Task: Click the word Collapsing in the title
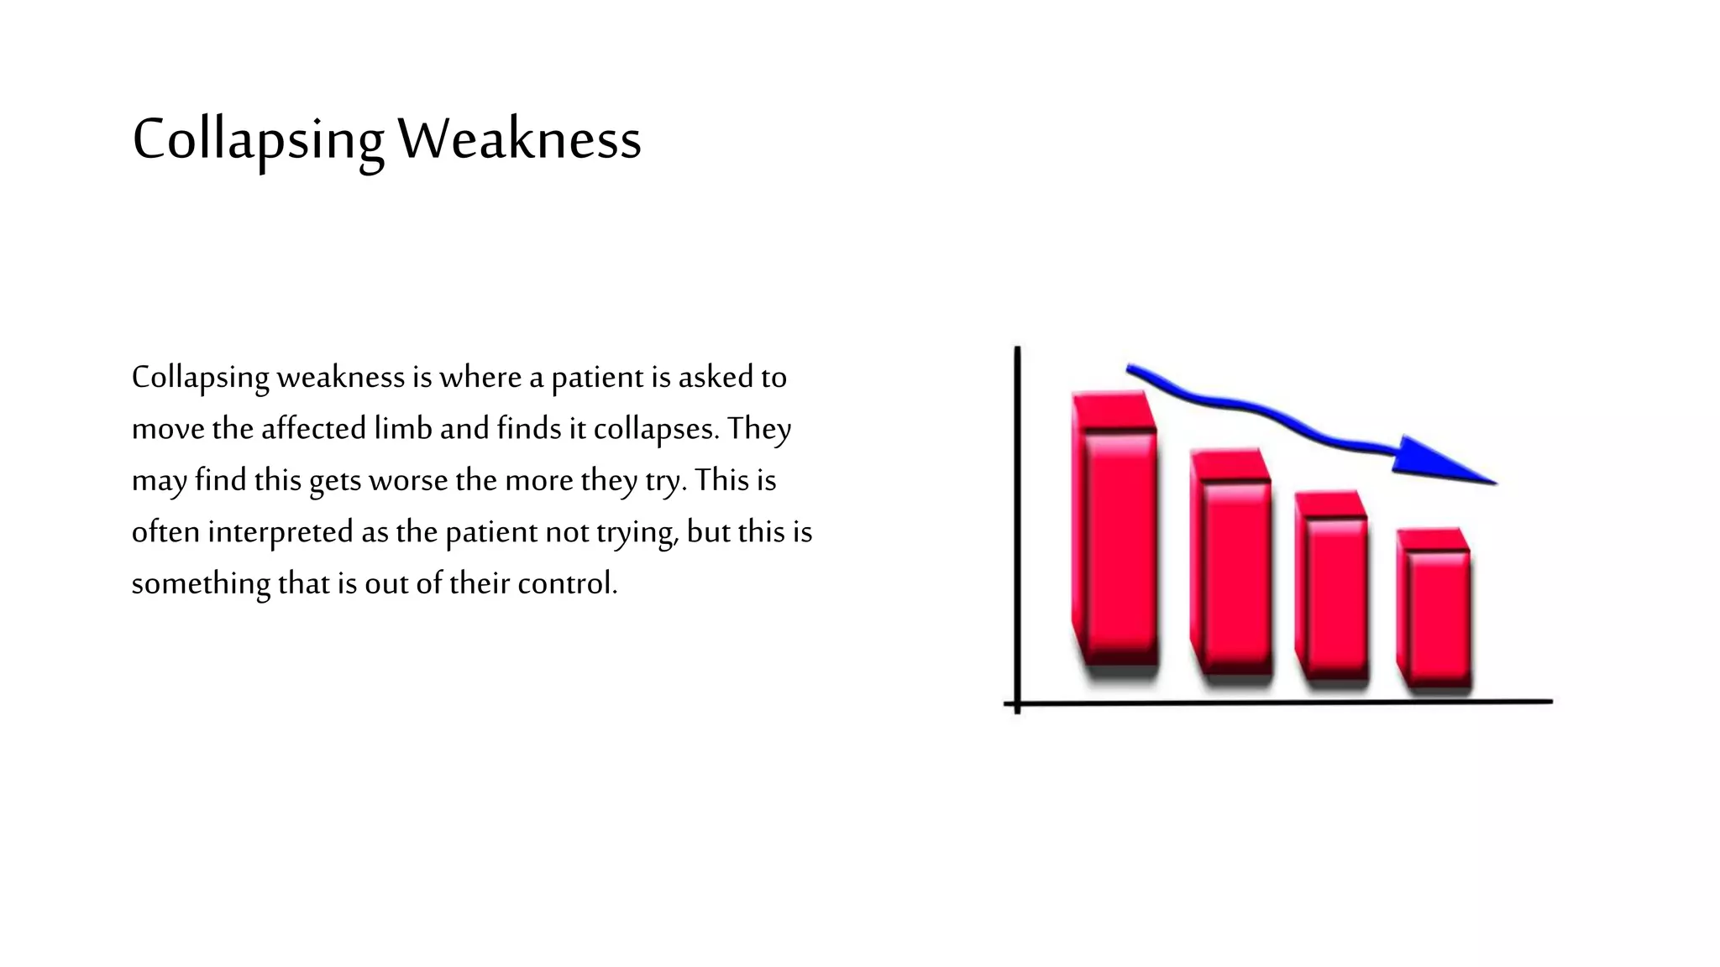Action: (258, 139)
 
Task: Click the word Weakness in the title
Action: (519, 139)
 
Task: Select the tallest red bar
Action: (1115, 537)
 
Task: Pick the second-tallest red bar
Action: (1231, 571)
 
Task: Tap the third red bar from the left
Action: (1333, 592)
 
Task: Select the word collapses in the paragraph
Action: (656, 429)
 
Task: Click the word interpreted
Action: (281, 532)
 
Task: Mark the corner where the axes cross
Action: (1017, 703)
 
